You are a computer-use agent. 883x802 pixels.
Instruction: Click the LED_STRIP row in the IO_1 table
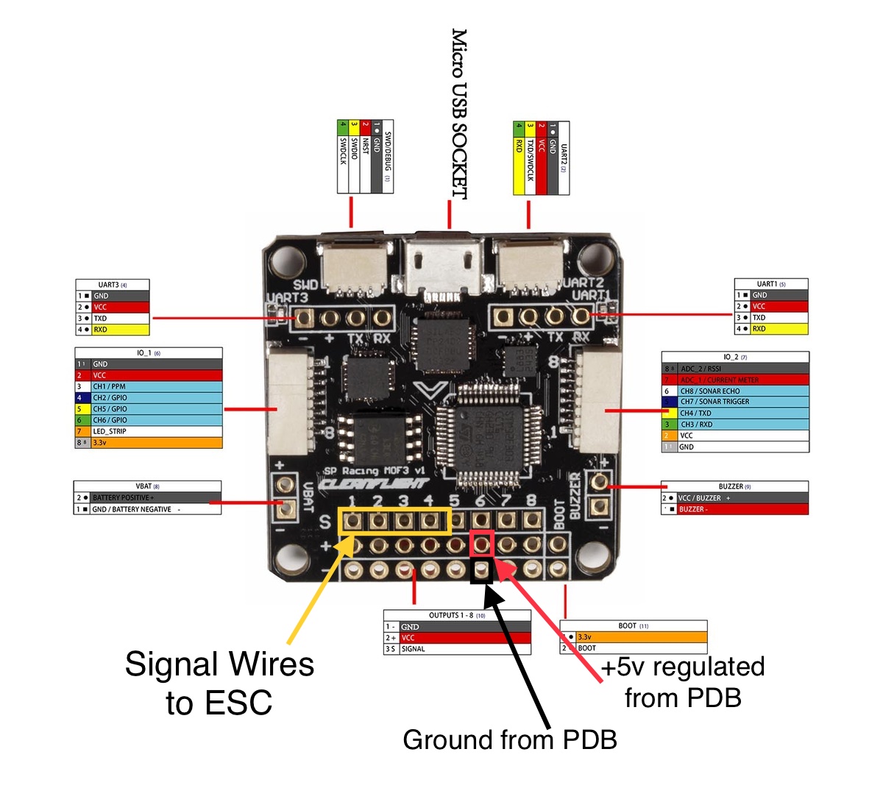149,431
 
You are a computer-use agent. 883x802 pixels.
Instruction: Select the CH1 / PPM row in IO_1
149,386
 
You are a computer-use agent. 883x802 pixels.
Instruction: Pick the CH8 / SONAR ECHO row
735,391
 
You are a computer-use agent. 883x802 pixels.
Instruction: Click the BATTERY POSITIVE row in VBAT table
147,497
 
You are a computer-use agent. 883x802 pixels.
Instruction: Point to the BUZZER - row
735,509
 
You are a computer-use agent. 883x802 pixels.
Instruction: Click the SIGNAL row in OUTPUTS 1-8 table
457,649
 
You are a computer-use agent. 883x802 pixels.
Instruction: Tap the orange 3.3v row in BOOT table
634,637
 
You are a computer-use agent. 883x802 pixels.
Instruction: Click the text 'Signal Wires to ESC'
219,684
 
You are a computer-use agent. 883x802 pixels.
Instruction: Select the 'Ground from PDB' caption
509,739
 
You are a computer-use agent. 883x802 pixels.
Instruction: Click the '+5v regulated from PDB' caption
683,682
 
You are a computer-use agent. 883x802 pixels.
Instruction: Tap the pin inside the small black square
481,570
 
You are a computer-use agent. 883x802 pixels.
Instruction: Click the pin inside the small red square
481,544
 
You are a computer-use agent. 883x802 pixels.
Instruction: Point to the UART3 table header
113,285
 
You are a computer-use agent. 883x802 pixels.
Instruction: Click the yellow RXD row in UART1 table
771,329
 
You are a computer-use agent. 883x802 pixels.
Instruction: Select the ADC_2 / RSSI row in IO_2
735,369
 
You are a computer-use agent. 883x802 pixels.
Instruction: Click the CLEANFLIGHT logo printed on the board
375,484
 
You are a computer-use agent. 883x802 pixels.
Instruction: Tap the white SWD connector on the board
354,266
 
